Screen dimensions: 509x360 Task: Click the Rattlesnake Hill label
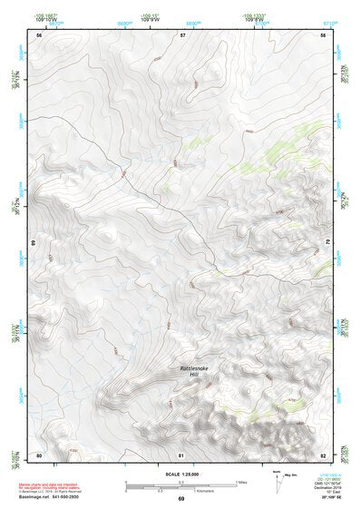click(192, 371)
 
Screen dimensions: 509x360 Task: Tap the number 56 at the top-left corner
click(39, 34)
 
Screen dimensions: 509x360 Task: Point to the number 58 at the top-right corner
click(323, 34)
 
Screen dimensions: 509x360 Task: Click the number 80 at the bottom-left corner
click(39, 454)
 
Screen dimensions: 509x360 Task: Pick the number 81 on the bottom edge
click(181, 454)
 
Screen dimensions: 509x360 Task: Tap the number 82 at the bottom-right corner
click(323, 454)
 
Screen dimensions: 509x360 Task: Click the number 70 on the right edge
click(327, 244)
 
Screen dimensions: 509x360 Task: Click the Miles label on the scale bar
click(241, 481)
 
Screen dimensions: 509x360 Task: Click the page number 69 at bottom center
click(180, 500)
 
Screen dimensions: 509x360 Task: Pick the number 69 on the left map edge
click(34, 244)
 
